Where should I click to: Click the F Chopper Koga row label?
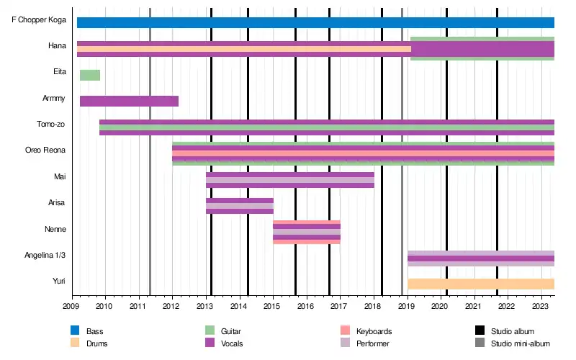(39, 19)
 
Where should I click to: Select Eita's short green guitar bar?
(90, 75)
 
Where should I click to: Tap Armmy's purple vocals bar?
(129, 101)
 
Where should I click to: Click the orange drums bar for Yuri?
(480, 284)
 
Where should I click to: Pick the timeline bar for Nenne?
(306, 232)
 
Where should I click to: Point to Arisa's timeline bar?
(239, 206)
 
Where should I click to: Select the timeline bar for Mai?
(289, 180)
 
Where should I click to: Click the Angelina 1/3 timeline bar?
(480, 258)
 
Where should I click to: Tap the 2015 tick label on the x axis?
(273, 305)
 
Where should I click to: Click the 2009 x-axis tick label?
(72, 305)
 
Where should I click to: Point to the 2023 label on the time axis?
(541, 305)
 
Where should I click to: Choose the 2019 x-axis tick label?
(407, 305)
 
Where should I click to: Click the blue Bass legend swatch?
(75, 330)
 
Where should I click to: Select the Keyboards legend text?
(374, 331)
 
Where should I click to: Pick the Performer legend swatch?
(345, 343)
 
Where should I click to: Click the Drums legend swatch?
(75, 343)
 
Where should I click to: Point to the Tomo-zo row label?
(51, 124)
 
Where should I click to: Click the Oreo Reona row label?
(45, 150)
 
